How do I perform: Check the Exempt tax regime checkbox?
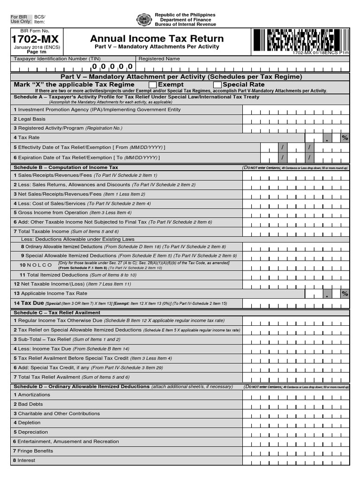[x=153, y=85]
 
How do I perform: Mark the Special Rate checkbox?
[x=217, y=85]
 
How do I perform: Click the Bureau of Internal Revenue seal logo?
[x=144, y=20]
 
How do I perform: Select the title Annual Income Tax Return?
[x=157, y=39]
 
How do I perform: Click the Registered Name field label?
[x=159, y=59]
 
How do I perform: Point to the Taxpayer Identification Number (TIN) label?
[x=57, y=59]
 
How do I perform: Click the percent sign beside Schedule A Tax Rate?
[x=345, y=138]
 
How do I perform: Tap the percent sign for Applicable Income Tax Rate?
[x=345, y=293]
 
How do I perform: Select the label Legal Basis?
[x=32, y=119]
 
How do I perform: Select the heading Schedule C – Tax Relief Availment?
[x=57, y=313]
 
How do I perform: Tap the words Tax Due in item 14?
[x=32, y=303]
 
